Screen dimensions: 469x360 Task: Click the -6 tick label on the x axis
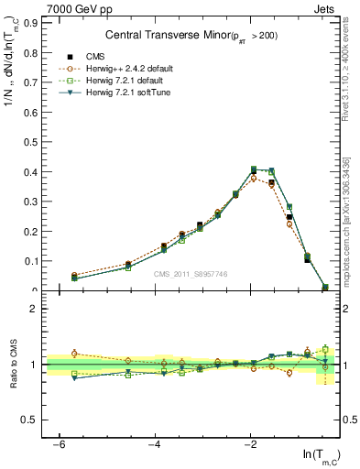pos(59,444)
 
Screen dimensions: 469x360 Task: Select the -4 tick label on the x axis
pos(154,444)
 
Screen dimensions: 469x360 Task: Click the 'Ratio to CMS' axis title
pos(11,364)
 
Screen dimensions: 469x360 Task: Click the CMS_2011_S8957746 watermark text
pos(191,274)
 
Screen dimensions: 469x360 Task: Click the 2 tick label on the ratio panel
pos(31,309)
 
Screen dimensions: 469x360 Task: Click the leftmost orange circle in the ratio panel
pos(74,354)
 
